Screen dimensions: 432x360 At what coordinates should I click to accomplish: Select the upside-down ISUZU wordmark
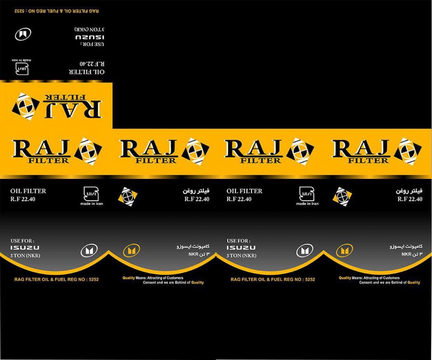pos(90,37)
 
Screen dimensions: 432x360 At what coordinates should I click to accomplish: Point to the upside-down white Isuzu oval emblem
pos(23,34)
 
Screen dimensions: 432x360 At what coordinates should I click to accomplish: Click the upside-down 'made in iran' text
pos(22,60)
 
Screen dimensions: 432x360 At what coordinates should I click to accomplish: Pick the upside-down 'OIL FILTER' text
pos(87,72)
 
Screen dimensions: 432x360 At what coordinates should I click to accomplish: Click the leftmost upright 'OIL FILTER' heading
pos(28,191)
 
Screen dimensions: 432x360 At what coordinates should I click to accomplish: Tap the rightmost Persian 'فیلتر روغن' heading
pos(409,191)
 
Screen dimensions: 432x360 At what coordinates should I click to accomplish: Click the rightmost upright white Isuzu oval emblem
pos(305,251)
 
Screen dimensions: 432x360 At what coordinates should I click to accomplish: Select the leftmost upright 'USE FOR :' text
pos(22,241)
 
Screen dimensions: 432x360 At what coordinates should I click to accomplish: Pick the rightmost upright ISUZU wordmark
pos(241,248)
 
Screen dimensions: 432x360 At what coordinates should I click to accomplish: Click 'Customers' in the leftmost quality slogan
pos(175,278)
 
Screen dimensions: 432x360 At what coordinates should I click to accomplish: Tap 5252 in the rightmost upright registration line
pos(310,280)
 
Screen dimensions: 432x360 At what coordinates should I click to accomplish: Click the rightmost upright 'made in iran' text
pos(307,204)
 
